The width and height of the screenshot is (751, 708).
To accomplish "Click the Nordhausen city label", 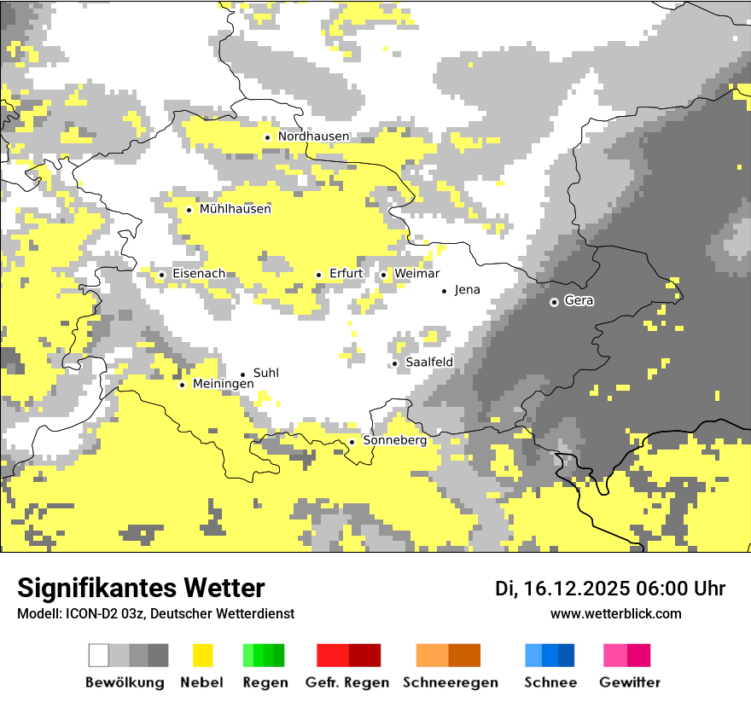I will [313, 136].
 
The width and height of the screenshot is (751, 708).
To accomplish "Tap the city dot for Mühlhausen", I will [189, 210].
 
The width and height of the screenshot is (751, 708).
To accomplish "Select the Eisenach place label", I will [199, 274].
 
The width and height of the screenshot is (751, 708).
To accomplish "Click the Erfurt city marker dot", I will [318, 275].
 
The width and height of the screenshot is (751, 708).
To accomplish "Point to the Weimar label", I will [416, 274].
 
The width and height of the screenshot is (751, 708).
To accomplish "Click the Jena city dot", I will [444, 291].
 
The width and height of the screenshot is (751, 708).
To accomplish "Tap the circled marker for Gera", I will [554, 302].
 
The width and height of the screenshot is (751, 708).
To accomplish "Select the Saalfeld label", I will [428, 363].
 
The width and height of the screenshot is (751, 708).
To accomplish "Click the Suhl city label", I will [266, 374].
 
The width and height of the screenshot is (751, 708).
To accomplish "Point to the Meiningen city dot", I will [182, 385].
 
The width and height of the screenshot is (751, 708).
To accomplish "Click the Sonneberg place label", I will [394, 441].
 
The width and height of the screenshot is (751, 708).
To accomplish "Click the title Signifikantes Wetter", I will [141, 589].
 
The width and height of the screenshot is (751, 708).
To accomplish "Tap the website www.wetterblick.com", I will [615, 614].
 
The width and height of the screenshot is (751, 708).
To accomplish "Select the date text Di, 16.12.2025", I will [561, 589].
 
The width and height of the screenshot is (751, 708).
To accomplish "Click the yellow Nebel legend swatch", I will [202, 655].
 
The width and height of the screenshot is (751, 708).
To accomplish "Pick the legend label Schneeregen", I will [451, 682].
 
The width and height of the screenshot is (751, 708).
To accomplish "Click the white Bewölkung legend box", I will [99, 655].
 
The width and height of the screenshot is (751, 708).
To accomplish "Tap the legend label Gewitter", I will [629, 682].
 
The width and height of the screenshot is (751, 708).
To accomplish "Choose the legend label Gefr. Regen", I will [347, 682].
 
